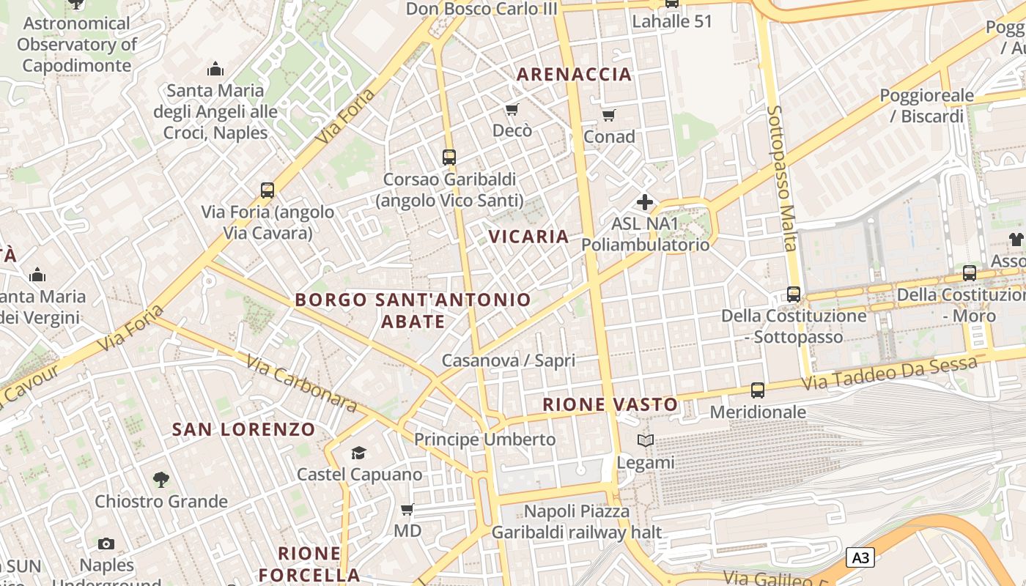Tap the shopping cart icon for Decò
(x=512, y=110)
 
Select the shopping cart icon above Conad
(x=609, y=115)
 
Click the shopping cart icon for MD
(x=407, y=509)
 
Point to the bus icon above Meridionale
(x=758, y=390)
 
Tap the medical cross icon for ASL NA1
(x=645, y=202)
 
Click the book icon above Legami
(x=645, y=441)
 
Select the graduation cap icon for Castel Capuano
(x=358, y=453)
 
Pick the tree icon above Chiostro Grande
(x=161, y=480)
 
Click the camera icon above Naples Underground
(x=106, y=544)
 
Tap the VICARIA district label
(x=528, y=237)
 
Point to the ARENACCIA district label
(x=574, y=74)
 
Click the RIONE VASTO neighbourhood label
(x=610, y=404)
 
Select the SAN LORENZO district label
(x=243, y=429)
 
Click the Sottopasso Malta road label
(x=781, y=178)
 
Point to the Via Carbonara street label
(x=301, y=384)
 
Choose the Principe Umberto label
(x=485, y=439)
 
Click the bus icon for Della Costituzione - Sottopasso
(x=794, y=294)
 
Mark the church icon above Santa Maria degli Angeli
(x=215, y=69)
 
